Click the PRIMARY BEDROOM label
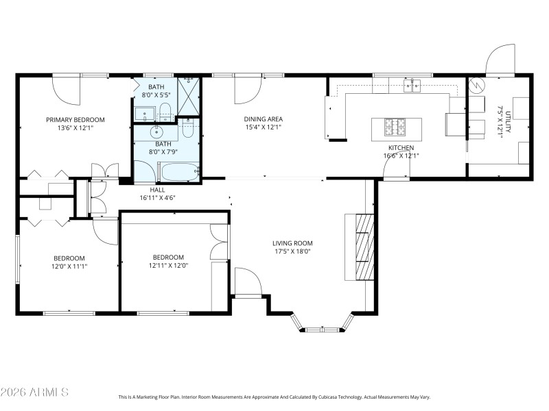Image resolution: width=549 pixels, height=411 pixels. pos(75,119)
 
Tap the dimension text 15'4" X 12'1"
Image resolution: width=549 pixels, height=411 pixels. pos(264,127)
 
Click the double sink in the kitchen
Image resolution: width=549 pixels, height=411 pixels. pos(412,85)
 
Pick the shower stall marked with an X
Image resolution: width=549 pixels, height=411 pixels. pos(188,95)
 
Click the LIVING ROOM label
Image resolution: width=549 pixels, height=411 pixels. pos(292,242)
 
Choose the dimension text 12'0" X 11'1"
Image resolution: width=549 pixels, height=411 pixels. pos(70,266)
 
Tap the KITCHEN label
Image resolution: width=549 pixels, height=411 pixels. pos(401,147)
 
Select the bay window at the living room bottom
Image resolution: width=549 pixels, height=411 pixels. pos(322,325)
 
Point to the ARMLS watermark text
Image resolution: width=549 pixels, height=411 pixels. pos(34,393)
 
